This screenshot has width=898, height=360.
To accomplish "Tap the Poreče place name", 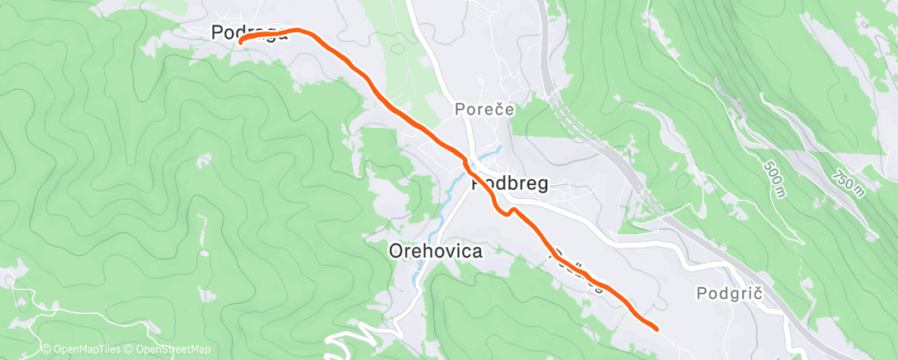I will coord(484,109).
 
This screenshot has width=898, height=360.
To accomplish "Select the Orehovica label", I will coord(435,250).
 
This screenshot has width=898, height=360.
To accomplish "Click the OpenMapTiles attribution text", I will coord(80,350).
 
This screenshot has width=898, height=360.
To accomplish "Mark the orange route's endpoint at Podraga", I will coord(241,40).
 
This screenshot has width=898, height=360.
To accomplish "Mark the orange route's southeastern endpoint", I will coord(656,329).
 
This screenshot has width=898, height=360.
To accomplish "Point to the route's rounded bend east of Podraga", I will coord(299,31).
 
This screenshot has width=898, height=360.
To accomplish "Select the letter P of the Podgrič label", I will coord(702,293).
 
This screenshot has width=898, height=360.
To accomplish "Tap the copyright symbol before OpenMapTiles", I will coord(46,350).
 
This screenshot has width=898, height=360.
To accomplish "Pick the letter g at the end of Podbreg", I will coord(541,187).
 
